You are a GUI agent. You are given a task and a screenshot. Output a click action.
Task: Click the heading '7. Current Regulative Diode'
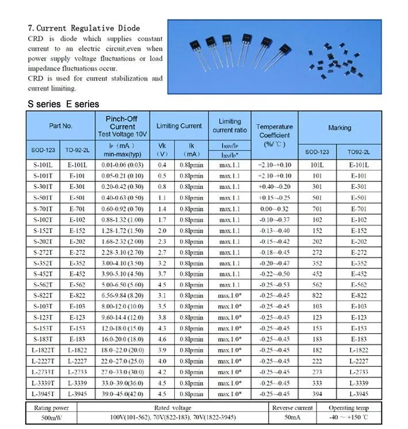pos(84,28)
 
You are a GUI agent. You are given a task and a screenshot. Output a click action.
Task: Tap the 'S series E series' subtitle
pos(63,104)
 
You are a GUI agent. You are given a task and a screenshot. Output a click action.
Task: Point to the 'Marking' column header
pos(340,127)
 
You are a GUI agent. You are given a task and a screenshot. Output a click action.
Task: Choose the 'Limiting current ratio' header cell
pos(230,126)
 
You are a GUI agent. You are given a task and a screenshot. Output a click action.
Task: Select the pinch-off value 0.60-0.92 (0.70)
pos(122,209)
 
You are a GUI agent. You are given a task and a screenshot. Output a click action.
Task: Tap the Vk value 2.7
pos(162,252)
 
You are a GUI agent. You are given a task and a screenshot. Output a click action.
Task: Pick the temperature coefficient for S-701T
pos(274,209)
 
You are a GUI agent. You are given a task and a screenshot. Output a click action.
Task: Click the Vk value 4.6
pos(162,339)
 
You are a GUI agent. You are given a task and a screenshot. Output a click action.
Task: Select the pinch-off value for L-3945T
pos(122,394)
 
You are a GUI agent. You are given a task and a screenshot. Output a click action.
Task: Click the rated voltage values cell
pos(173,417)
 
